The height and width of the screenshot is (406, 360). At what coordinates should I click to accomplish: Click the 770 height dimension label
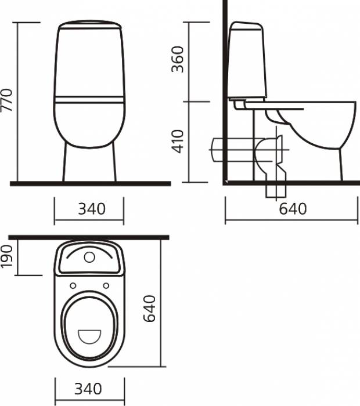[7, 100]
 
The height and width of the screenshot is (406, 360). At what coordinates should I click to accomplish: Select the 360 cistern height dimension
[178, 59]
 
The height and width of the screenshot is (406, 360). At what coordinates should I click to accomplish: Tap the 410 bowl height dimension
[178, 142]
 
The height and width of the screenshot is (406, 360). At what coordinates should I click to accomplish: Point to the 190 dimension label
[7, 256]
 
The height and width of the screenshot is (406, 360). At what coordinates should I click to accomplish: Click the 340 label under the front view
[92, 209]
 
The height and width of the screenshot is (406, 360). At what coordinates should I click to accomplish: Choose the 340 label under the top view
[88, 389]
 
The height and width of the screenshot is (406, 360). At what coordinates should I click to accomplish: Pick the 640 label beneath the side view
[293, 209]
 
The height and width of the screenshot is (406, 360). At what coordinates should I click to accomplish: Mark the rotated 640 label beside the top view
[150, 309]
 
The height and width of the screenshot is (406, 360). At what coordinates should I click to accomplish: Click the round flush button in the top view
[89, 257]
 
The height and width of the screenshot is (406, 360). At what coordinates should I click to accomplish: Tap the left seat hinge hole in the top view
[73, 285]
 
